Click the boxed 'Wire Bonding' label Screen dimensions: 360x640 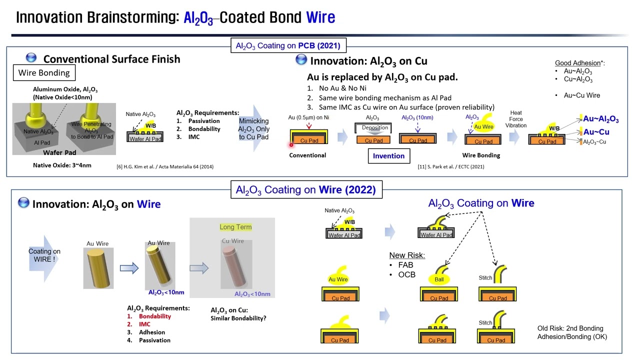tap(44, 73)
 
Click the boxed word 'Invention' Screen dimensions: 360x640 tap(388, 155)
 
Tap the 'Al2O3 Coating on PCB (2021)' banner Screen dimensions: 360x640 tap(287, 46)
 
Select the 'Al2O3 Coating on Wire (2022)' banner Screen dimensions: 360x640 tap(305, 190)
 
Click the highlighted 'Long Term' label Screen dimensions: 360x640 tap(235, 227)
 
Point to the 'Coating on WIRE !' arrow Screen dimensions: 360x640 tap(44, 255)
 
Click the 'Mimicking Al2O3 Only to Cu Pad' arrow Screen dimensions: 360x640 tap(254, 129)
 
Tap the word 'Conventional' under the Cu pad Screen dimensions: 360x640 tap(307, 155)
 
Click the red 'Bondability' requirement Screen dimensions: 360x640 tap(154, 316)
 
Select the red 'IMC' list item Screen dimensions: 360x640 tap(144, 324)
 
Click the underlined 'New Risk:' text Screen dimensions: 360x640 tap(407, 255)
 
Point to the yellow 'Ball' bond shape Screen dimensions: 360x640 tap(438, 279)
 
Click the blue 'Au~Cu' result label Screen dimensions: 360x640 tap(596, 132)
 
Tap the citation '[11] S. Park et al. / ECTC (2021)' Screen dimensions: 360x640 tap(450, 166)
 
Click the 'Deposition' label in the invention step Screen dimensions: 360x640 tap(374, 127)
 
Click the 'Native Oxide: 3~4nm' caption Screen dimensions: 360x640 tap(61, 165)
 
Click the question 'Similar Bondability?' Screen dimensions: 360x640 tap(238, 318)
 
